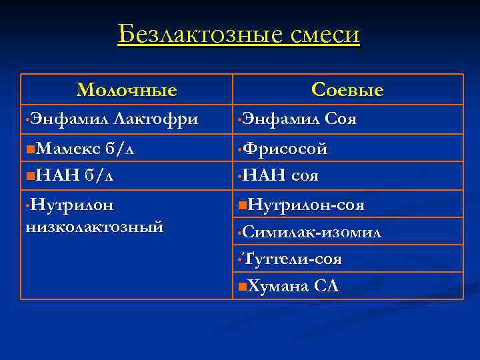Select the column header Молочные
coord(127,90)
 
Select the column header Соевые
coord(347,90)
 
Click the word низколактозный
coord(94,227)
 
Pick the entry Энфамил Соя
coord(299,119)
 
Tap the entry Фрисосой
coord(285,148)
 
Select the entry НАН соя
coord(281,176)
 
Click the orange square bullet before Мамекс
coord(29,148)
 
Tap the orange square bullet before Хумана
coord(241,287)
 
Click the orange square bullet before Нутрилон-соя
coord(241,204)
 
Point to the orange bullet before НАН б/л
coord(29,176)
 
